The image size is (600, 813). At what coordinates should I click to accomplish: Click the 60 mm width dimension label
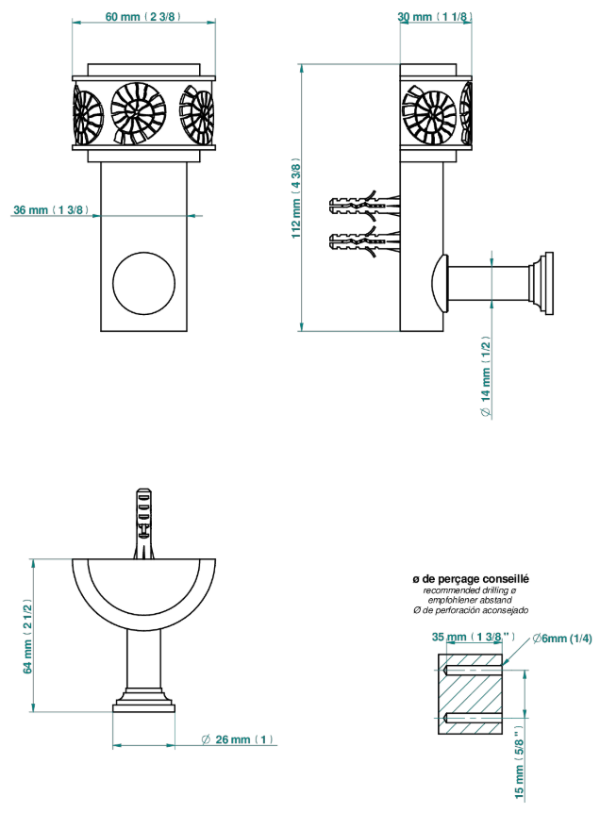(143, 17)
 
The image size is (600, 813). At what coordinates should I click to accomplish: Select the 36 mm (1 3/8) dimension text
(51, 210)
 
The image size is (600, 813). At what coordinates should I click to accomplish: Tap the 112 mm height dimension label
(296, 199)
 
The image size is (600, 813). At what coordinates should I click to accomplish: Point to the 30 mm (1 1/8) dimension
(435, 17)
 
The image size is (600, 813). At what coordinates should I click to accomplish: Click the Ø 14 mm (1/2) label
(486, 376)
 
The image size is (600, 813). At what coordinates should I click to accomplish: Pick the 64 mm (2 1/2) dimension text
(27, 637)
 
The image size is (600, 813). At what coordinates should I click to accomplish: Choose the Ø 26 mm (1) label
(238, 739)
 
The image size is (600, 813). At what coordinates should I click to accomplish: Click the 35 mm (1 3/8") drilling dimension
(473, 637)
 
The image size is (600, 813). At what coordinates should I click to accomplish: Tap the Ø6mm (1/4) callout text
(562, 639)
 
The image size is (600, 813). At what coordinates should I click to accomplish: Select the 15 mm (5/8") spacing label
(520, 762)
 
